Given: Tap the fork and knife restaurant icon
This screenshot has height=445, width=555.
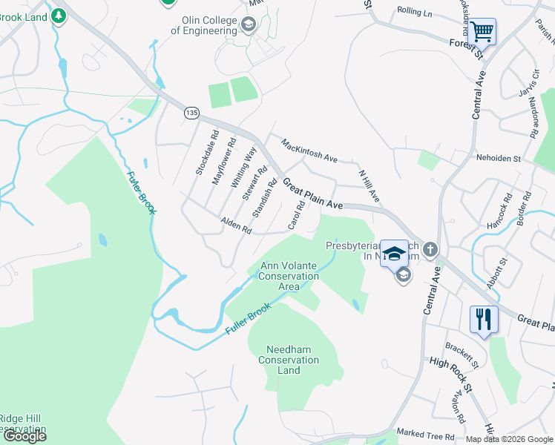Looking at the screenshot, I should pos(483,320).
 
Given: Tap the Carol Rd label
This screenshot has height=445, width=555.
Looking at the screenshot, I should pos(295,214).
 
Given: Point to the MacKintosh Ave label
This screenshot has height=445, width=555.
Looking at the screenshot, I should pos(309,149).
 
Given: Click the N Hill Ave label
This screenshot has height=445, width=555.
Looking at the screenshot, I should pos(369,185).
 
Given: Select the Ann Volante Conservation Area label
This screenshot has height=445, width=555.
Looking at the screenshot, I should pos(288,276).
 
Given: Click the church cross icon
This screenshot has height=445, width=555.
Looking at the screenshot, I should pos(431,249).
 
